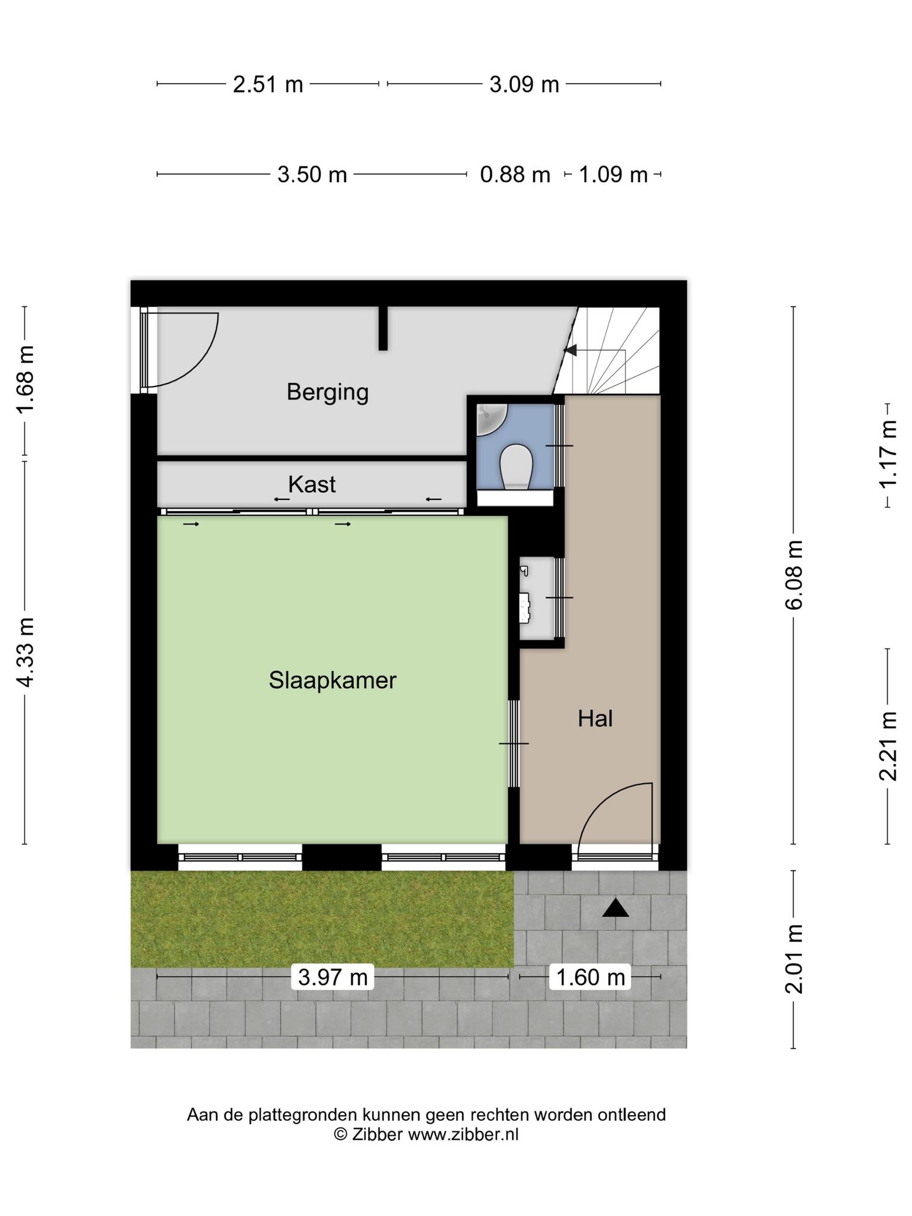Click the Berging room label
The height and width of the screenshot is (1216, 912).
tap(327, 392)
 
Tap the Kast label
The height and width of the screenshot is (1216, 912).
tap(312, 484)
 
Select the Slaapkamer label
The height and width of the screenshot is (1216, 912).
tap(332, 680)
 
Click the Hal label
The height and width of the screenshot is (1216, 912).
tap(595, 719)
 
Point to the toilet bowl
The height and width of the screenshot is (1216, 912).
tap(515, 467)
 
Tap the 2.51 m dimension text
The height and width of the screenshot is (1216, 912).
tap(268, 84)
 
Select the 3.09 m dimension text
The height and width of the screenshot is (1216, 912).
tap(524, 84)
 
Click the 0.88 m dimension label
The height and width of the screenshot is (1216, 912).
tap(515, 175)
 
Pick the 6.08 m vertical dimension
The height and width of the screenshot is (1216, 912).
tap(794, 575)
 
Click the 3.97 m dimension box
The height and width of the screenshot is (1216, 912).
tap(332, 977)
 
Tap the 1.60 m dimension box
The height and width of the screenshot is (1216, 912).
tap(590, 977)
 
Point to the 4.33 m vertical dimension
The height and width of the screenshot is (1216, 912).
tap(25, 652)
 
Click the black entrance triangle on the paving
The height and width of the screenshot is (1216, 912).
tap(615, 909)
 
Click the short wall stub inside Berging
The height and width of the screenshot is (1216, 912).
tap(384, 328)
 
